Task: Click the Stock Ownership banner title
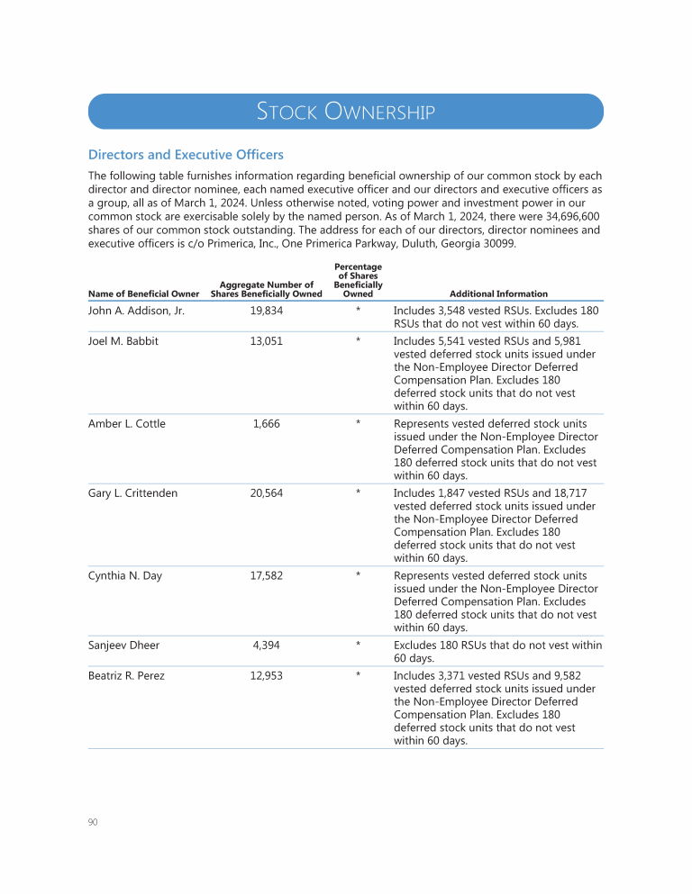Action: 346,112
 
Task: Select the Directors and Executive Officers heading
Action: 186,155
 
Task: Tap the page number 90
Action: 93,822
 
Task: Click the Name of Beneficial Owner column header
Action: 144,293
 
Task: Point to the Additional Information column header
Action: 498,293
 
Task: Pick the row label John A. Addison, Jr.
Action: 136,311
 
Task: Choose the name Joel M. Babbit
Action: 123,341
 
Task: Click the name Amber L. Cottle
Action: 127,424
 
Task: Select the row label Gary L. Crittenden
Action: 133,493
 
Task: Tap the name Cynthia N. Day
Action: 125,576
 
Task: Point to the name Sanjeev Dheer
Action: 123,646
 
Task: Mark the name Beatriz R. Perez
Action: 126,676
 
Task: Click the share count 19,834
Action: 267,311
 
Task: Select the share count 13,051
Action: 267,341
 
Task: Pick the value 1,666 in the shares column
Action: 267,424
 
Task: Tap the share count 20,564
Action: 267,493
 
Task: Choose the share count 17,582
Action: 267,576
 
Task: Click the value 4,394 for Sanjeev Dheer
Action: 267,646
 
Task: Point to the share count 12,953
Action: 267,676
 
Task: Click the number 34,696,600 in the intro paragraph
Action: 569,216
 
